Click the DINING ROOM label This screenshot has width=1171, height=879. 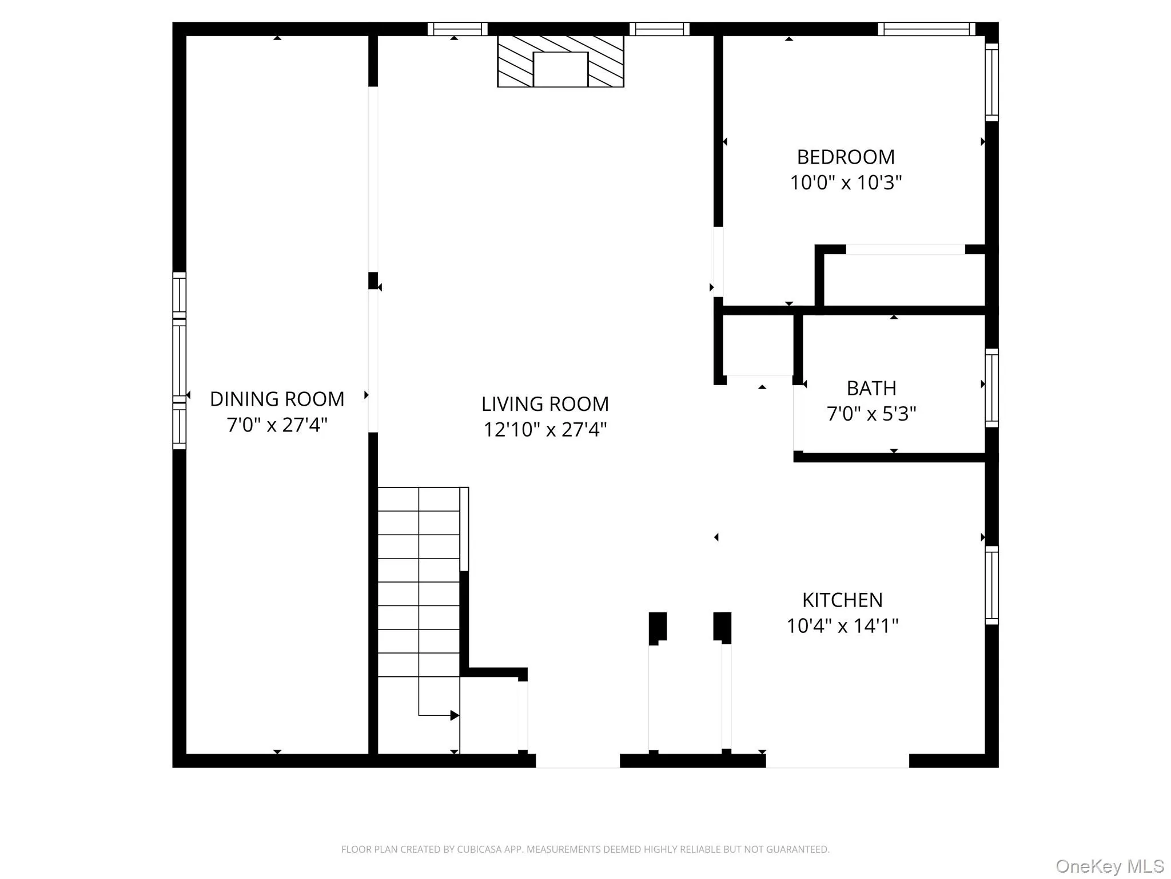277,399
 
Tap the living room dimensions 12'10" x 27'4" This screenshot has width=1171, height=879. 545,429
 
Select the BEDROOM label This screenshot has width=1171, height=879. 846,157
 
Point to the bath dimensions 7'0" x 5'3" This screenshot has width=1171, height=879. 871,413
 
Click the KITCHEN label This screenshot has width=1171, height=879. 842,600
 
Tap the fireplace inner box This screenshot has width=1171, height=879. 560,69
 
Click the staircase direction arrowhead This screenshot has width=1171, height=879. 455,715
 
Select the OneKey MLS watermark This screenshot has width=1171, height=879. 1109,866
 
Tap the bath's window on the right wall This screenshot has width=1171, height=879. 991,387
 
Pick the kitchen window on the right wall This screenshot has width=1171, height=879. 991,585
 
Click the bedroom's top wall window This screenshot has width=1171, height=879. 926,29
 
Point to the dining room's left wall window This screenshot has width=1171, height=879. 180,361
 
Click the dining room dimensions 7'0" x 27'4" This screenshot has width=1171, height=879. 277,425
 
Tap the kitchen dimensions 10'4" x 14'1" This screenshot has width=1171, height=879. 842,625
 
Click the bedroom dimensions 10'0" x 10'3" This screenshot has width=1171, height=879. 846,183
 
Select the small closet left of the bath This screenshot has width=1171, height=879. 758,345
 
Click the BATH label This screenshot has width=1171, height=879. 871,388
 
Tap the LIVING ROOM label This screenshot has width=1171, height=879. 545,404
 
